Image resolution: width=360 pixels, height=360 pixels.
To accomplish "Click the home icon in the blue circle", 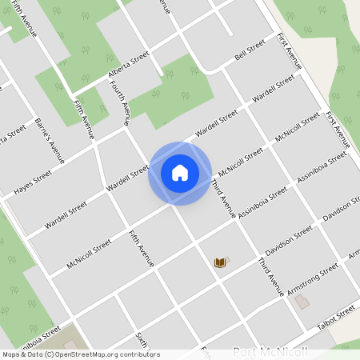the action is (180, 172).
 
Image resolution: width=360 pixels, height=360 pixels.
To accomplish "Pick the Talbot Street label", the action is (335, 314).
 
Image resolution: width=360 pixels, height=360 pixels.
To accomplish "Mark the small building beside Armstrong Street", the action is (302, 302).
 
